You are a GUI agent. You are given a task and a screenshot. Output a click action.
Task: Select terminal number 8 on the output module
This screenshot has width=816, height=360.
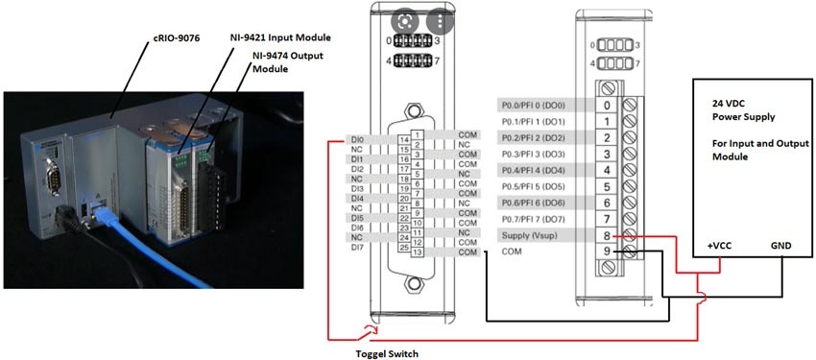[x=607, y=235]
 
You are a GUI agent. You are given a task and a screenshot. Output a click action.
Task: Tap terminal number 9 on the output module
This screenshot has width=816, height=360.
[x=607, y=252]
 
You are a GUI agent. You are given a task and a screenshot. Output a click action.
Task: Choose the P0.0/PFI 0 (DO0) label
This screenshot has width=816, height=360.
[x=534, y=105]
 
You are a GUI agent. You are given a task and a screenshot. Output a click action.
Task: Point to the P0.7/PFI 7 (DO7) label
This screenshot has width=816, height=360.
[x=534, y=219]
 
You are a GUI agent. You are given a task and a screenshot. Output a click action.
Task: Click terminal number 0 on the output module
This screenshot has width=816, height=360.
[x=607, y=105]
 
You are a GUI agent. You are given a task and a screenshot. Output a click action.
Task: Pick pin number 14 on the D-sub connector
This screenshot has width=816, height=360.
[x=404, y=141]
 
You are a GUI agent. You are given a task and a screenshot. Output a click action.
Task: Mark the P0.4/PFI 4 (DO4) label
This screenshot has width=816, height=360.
[x=534, y=170]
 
